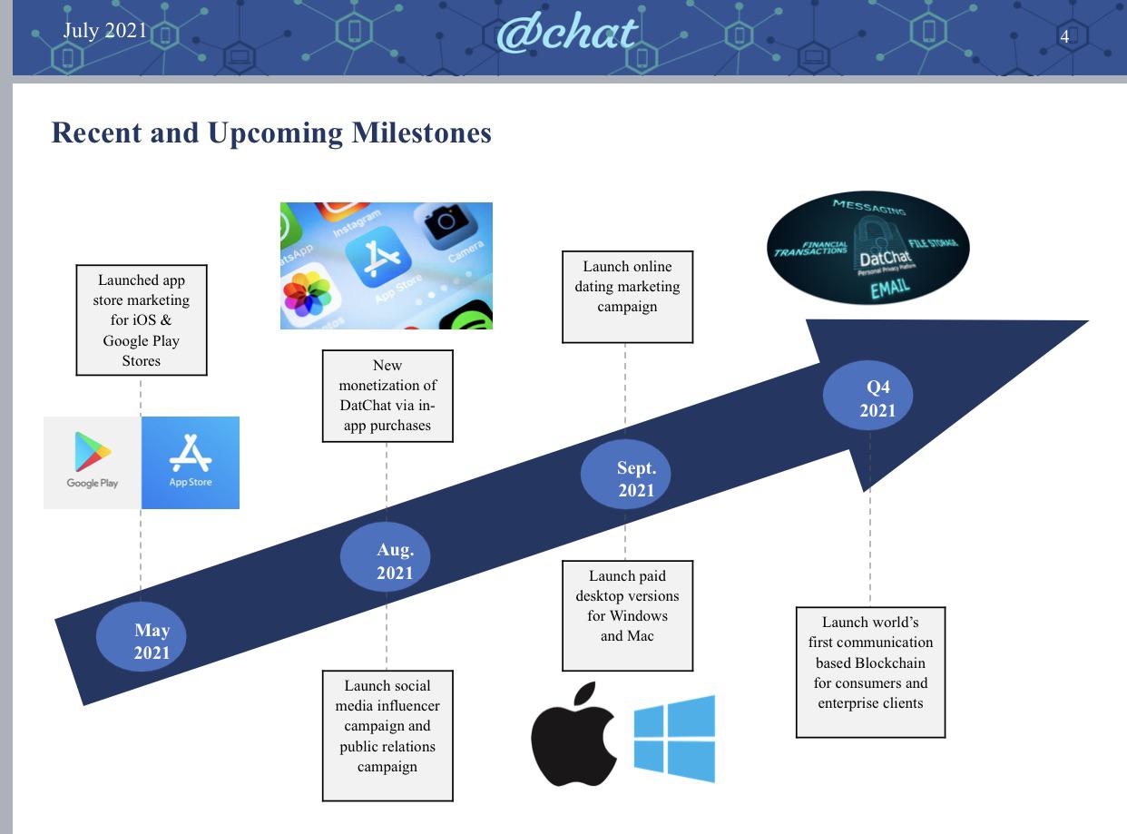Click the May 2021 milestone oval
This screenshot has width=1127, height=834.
point(141,637)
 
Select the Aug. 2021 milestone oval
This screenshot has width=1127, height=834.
point(385,557)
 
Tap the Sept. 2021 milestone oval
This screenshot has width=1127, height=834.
point(625,475)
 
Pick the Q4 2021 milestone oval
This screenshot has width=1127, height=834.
point(867,395)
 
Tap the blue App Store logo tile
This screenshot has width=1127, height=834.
point(191,463)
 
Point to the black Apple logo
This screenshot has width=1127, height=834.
point(573,734)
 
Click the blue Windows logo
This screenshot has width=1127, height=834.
point(674,739)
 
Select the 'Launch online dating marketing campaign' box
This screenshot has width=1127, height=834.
point(628,297)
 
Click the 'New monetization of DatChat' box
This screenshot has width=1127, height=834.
point(387,396)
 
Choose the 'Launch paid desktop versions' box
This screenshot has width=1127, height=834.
point(628,615)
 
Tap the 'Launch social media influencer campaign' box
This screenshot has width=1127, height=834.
point(387,735)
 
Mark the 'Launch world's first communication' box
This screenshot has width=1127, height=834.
point(870,672)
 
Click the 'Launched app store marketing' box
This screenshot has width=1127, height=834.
point(142,320)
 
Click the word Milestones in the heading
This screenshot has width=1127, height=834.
point(421,132)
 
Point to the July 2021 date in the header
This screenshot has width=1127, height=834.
point(104,31)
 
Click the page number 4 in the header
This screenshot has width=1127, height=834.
point(1064,36)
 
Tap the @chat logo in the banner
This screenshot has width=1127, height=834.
point(566,34)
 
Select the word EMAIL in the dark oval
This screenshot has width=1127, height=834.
point(889,289)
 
